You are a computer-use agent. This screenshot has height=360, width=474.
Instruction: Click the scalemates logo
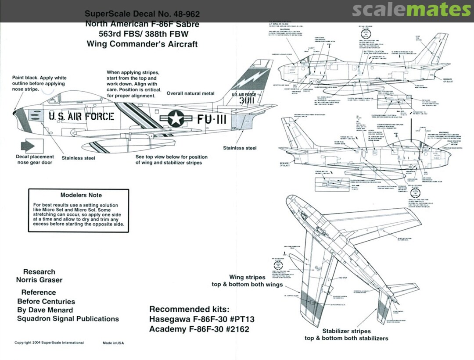411,10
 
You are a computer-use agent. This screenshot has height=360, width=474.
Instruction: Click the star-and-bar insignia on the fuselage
175,118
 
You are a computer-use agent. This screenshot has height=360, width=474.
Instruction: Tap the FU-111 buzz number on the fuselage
212,119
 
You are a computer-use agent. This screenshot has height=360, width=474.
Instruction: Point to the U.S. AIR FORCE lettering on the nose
81,116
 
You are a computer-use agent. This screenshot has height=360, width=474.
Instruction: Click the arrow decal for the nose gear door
30,146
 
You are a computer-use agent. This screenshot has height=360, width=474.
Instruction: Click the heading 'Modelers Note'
81,195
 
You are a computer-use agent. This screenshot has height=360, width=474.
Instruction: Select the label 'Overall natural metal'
190,93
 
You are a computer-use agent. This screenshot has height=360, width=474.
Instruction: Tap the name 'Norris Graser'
39,280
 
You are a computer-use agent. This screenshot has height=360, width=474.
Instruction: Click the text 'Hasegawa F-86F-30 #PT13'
199,319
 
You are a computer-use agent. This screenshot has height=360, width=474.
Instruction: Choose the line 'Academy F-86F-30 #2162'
199,329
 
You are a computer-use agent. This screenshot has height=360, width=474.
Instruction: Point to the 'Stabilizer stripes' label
346,331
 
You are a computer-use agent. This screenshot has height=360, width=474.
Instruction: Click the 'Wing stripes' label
247,277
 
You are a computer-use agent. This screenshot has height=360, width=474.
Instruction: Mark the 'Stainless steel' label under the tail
240,148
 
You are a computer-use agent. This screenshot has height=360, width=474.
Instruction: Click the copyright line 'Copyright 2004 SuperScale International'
49,342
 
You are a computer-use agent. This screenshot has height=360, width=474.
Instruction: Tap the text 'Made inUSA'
113,342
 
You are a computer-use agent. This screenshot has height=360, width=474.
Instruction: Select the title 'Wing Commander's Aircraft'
142,44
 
